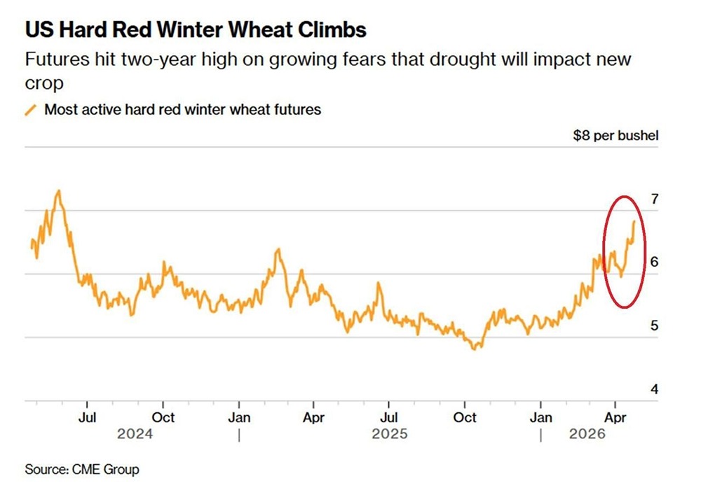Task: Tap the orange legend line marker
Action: point(31,110)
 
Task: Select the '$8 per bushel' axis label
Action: point(615,135)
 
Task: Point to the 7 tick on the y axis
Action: point(654,199)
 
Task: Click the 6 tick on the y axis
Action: point(654,262)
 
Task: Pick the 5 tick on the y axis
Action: point(654,326)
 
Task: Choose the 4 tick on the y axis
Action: point(654,389)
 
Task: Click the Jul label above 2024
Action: point(86,417)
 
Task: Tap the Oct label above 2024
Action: point(163,417)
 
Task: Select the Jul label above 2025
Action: point(388,417)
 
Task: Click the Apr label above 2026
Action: point(615,417)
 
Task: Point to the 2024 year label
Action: point(135,434)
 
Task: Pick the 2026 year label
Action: point(587,434)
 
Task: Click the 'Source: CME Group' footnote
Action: point(82,469)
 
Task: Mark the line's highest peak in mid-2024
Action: point(59,190)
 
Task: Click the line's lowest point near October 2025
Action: point(477,348)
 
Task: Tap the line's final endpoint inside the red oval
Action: point(634,221)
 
